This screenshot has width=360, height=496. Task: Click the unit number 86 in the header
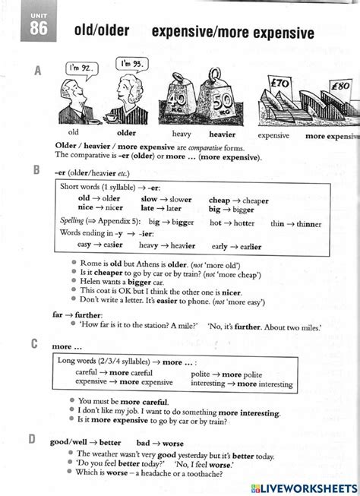pos(39,30)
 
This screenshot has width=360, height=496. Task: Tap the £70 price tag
pos(280,84)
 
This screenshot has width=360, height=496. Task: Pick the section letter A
pos(37,71)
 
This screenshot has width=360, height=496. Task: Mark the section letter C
pos(35,344)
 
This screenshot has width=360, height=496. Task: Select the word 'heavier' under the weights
pos(223,134)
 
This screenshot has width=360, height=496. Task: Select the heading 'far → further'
pos(73,313)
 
